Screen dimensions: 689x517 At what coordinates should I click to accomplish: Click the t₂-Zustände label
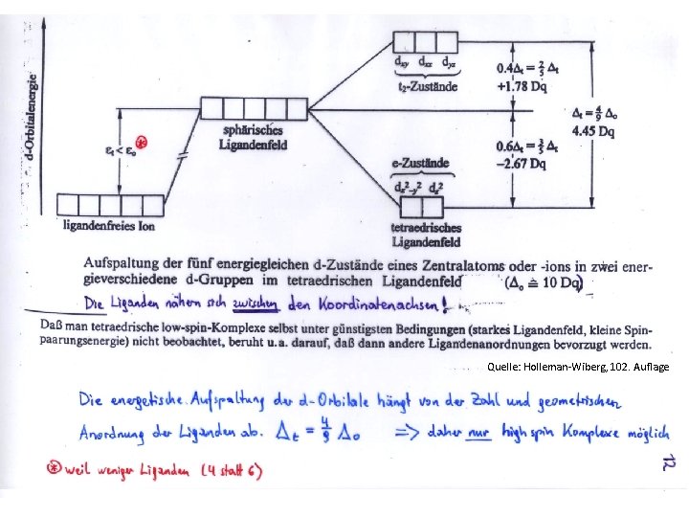point(427,86)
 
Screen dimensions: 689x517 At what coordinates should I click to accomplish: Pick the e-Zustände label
point(428,164)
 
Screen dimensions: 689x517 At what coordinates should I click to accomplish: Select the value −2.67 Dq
point(522,164)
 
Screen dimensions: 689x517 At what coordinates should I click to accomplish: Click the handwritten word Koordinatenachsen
point(369,305)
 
